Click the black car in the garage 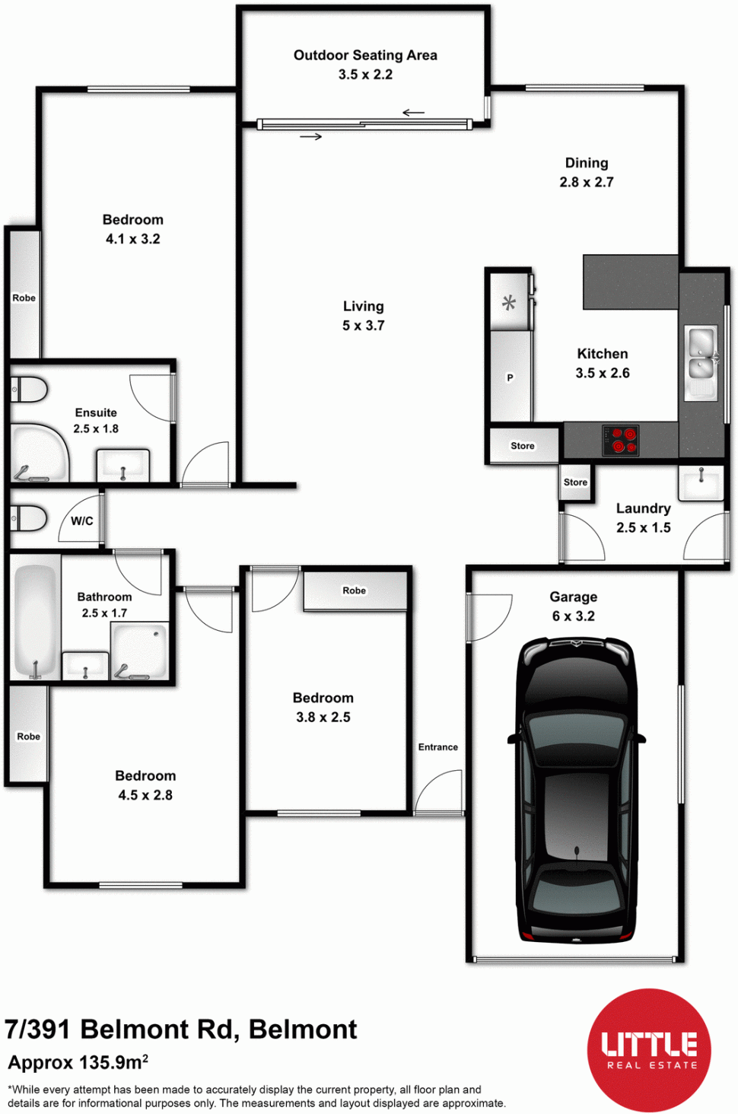[x=577, y=791]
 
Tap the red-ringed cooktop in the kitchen [x=621, y=440]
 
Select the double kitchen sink [x=701, y=363]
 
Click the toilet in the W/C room [x=29, y=518]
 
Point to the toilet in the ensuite [x=29, y=390]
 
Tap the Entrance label [x=437, y=747]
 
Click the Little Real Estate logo [x=649, y=1050]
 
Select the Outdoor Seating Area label [x=365, y=56]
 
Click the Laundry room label [x=644, y=508]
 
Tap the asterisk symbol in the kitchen [x=509, y=303]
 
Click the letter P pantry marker [x=510, y=378]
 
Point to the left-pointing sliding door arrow [x=413, y=113]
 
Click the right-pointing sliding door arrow [x=311, y=137]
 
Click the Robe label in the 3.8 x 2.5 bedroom [x=354, y=590]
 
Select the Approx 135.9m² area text [x=78, y=1063]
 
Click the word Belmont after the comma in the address [x=303, y=1030]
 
